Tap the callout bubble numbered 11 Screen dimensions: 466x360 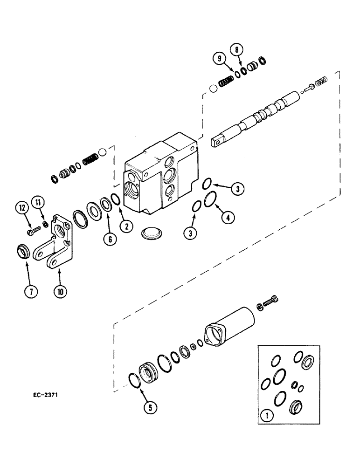pyautogui.click(x=39, y=202)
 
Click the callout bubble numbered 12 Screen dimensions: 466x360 pyautogui.click(x=22, y=208)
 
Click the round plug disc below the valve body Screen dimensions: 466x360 pyautogui.click(x=153, y=233)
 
